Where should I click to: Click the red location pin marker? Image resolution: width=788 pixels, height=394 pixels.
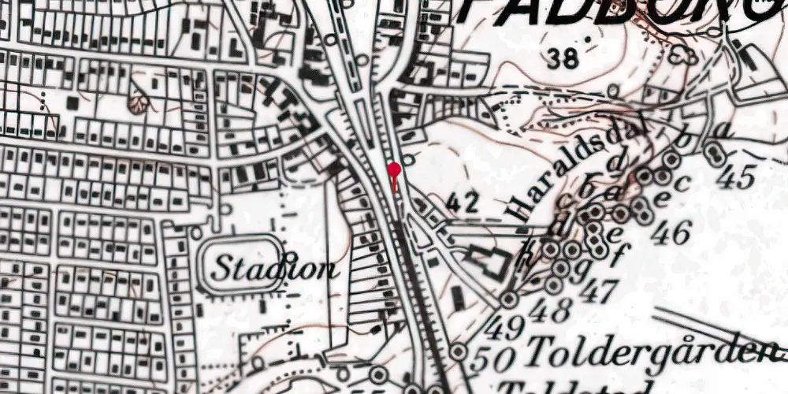coord(394,169)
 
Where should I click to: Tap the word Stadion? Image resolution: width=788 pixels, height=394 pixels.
coord(273,269)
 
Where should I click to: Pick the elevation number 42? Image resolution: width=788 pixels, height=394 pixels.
coord(463,203)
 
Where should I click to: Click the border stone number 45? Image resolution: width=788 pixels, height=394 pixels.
coord(736,177)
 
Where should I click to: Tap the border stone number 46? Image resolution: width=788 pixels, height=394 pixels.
coord(671,232)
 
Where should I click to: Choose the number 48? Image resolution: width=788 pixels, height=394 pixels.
coord(550,310)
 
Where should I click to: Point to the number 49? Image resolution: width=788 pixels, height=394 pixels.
coord(504,325)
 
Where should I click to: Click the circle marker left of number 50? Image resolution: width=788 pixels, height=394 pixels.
coord(458,351)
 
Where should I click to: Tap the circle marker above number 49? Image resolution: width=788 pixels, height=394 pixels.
coord(509,299)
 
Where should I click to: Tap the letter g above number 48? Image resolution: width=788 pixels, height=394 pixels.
coord(585,267)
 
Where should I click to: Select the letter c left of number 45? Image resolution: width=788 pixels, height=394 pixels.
coord(682,182)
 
